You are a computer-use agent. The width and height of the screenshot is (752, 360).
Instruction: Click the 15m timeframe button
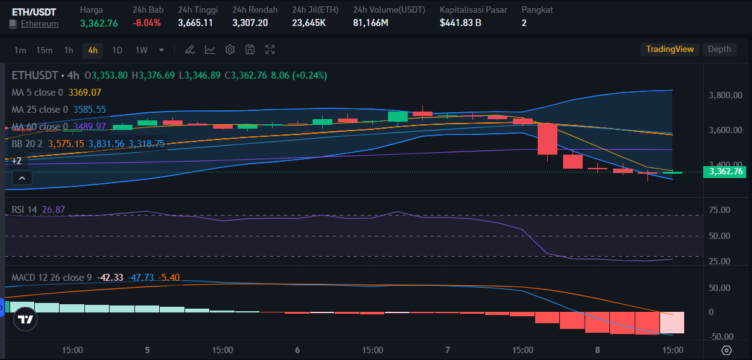[44, 50]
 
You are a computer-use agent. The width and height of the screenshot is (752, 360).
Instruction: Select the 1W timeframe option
[141, 50]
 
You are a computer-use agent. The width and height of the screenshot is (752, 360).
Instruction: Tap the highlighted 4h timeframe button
[93, 50]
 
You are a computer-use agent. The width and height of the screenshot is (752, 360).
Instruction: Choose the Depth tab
[719, 49]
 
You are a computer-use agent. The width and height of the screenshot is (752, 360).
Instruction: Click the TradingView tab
[670, 49]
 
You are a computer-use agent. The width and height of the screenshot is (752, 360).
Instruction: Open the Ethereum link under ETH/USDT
[39, 23]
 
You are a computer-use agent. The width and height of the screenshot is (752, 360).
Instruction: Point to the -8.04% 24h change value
[146, 23]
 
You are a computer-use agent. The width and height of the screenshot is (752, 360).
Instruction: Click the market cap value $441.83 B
[460, 23]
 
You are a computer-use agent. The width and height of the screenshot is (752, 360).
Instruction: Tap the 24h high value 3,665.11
[195, 23]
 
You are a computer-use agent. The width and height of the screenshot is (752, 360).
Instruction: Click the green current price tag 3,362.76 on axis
[725, 171]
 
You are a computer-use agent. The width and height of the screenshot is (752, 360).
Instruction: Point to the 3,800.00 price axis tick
[725, 95]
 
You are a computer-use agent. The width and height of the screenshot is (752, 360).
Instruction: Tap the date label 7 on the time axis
[448, 350]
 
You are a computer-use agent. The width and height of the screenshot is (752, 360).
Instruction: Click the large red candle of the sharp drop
[547, 139]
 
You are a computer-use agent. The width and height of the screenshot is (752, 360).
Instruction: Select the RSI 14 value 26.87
[53, 210]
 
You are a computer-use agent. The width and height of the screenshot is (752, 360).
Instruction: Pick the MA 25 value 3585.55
[89, 110]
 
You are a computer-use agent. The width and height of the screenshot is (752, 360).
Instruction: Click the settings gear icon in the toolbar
[230, 49]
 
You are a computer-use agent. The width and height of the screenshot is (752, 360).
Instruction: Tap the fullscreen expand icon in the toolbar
[270, 49]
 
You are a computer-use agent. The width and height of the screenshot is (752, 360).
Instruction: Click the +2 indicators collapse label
[16, 161]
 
